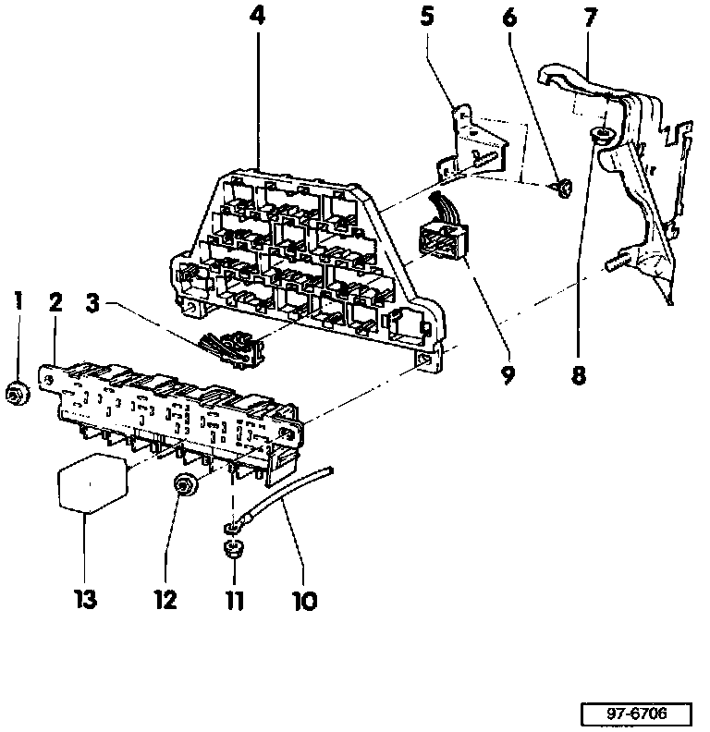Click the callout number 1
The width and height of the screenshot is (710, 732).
[x=17, y=300]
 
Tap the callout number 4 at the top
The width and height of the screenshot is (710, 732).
[x=256, y=17]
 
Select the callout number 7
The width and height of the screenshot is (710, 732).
[x=591, y=17]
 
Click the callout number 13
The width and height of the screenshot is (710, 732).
[x=85, y=601]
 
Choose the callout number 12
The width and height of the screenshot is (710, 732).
[x=165, y=601]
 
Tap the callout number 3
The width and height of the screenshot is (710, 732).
[x=92, y=302]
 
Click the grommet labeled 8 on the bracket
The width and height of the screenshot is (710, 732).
[x=601, y=137]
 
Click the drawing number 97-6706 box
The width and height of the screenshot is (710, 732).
[x=637, y=715]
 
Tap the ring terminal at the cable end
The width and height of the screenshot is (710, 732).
[x=229, y=528]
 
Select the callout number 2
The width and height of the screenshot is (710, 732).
[x=55, y=300]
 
